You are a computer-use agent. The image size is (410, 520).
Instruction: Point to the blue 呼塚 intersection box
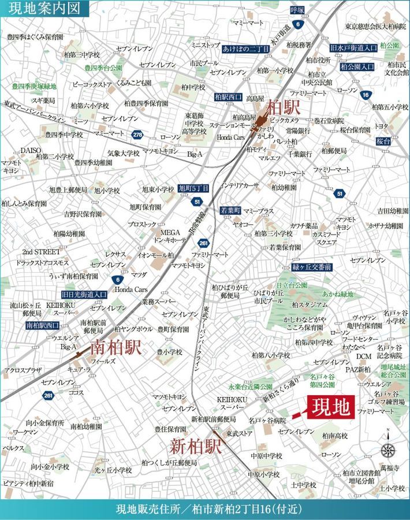[297, 10]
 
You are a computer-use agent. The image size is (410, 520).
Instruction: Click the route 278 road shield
[136, 135]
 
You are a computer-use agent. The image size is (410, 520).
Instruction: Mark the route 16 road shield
[365, 95]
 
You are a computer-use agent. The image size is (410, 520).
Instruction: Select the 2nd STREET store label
[41, 252]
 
